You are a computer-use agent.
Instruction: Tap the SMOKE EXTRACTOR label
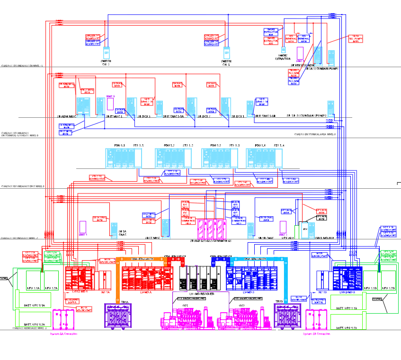(x=283, y=58)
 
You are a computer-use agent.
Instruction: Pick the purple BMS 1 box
(x=83, y=228)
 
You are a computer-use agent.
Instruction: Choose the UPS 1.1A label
(x=33, y=288)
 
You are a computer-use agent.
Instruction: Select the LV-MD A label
(x=147, y=293)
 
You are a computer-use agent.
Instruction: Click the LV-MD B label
(x=249, y=293)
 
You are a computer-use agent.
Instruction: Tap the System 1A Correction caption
(x=64, y=334)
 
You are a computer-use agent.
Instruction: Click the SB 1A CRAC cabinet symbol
(x=114, y=230)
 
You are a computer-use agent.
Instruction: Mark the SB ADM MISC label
(x=67, y=116)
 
